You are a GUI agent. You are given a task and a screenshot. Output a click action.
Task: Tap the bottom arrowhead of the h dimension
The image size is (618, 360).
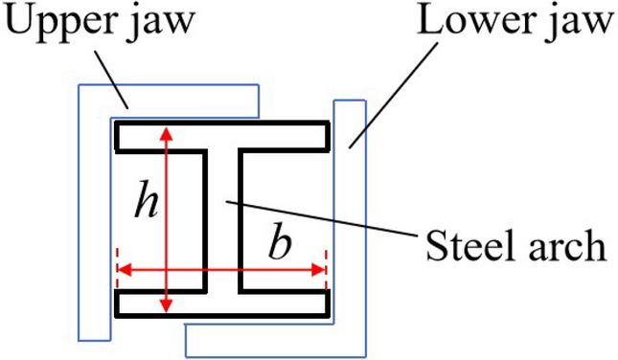click(x=167, y=306)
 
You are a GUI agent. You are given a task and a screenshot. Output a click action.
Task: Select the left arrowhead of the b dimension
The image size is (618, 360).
click(x=122, y=271)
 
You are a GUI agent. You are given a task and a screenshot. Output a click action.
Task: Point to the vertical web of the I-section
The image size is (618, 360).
click(x=222, y=220)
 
